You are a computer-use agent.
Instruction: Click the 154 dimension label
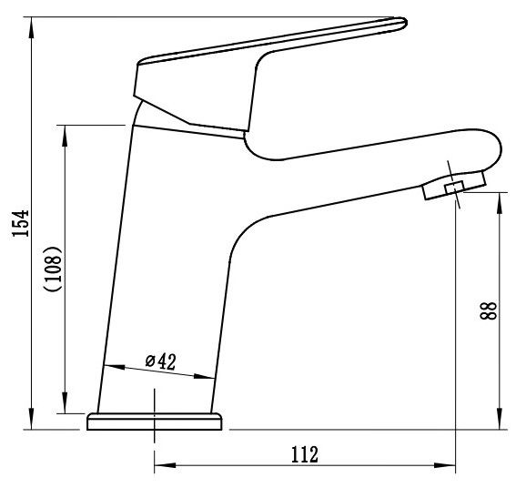point(21,223)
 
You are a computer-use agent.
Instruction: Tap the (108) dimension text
point(53,269)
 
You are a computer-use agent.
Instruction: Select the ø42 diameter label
point(161,361)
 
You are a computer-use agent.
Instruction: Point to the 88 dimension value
point(489,310)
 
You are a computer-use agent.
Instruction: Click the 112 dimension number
point(304,454)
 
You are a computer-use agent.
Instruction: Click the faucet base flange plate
point(155,422)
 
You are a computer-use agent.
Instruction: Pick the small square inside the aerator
point(454,188)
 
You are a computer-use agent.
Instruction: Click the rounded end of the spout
point(493,147)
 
